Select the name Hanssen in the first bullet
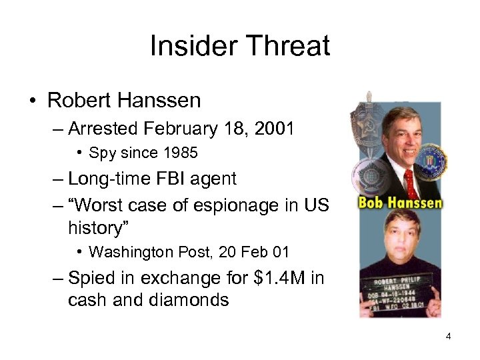coord(162,100)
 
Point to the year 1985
coord(180,153)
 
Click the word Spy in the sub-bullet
coord(101,153)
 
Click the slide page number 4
coord(448,337)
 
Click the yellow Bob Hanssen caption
coord(400,202)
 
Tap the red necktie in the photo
coord(408,181)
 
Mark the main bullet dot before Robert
coord(32,101)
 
